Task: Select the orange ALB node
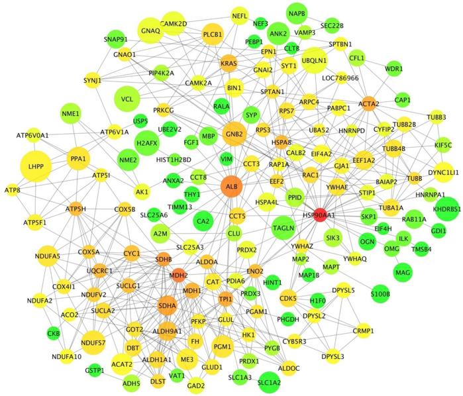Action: (x=232, y=187)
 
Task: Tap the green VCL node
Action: (x=128, y=99)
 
